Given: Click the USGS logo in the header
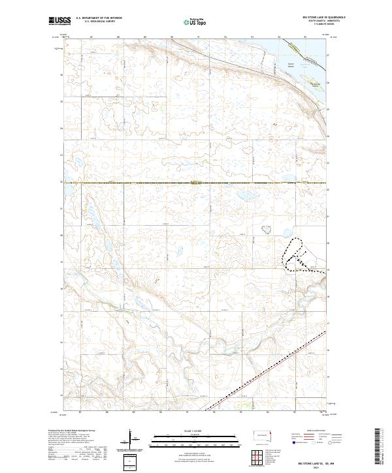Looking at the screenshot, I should click(59, 21).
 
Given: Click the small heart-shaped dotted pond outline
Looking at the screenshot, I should click(266, 228).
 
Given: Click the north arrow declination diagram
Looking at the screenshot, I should click(133, 439).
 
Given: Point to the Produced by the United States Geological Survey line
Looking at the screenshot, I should click(73, 431).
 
